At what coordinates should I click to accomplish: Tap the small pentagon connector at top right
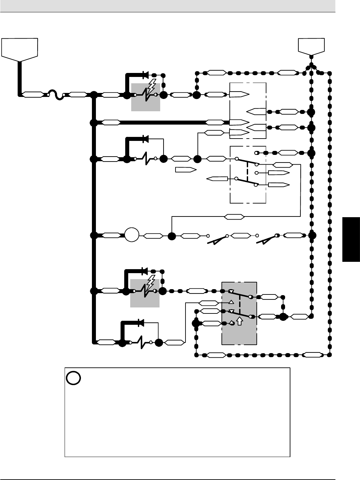pos(311,46)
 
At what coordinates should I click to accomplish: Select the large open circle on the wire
pos(132,236)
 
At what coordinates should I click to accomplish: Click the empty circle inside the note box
pos(73,378)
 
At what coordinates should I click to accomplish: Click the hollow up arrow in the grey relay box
pos(239,321)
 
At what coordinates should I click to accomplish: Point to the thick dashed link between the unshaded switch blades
pos(247,172)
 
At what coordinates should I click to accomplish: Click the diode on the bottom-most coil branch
pos(141,322)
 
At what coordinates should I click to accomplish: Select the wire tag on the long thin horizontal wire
pos(234,217)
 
